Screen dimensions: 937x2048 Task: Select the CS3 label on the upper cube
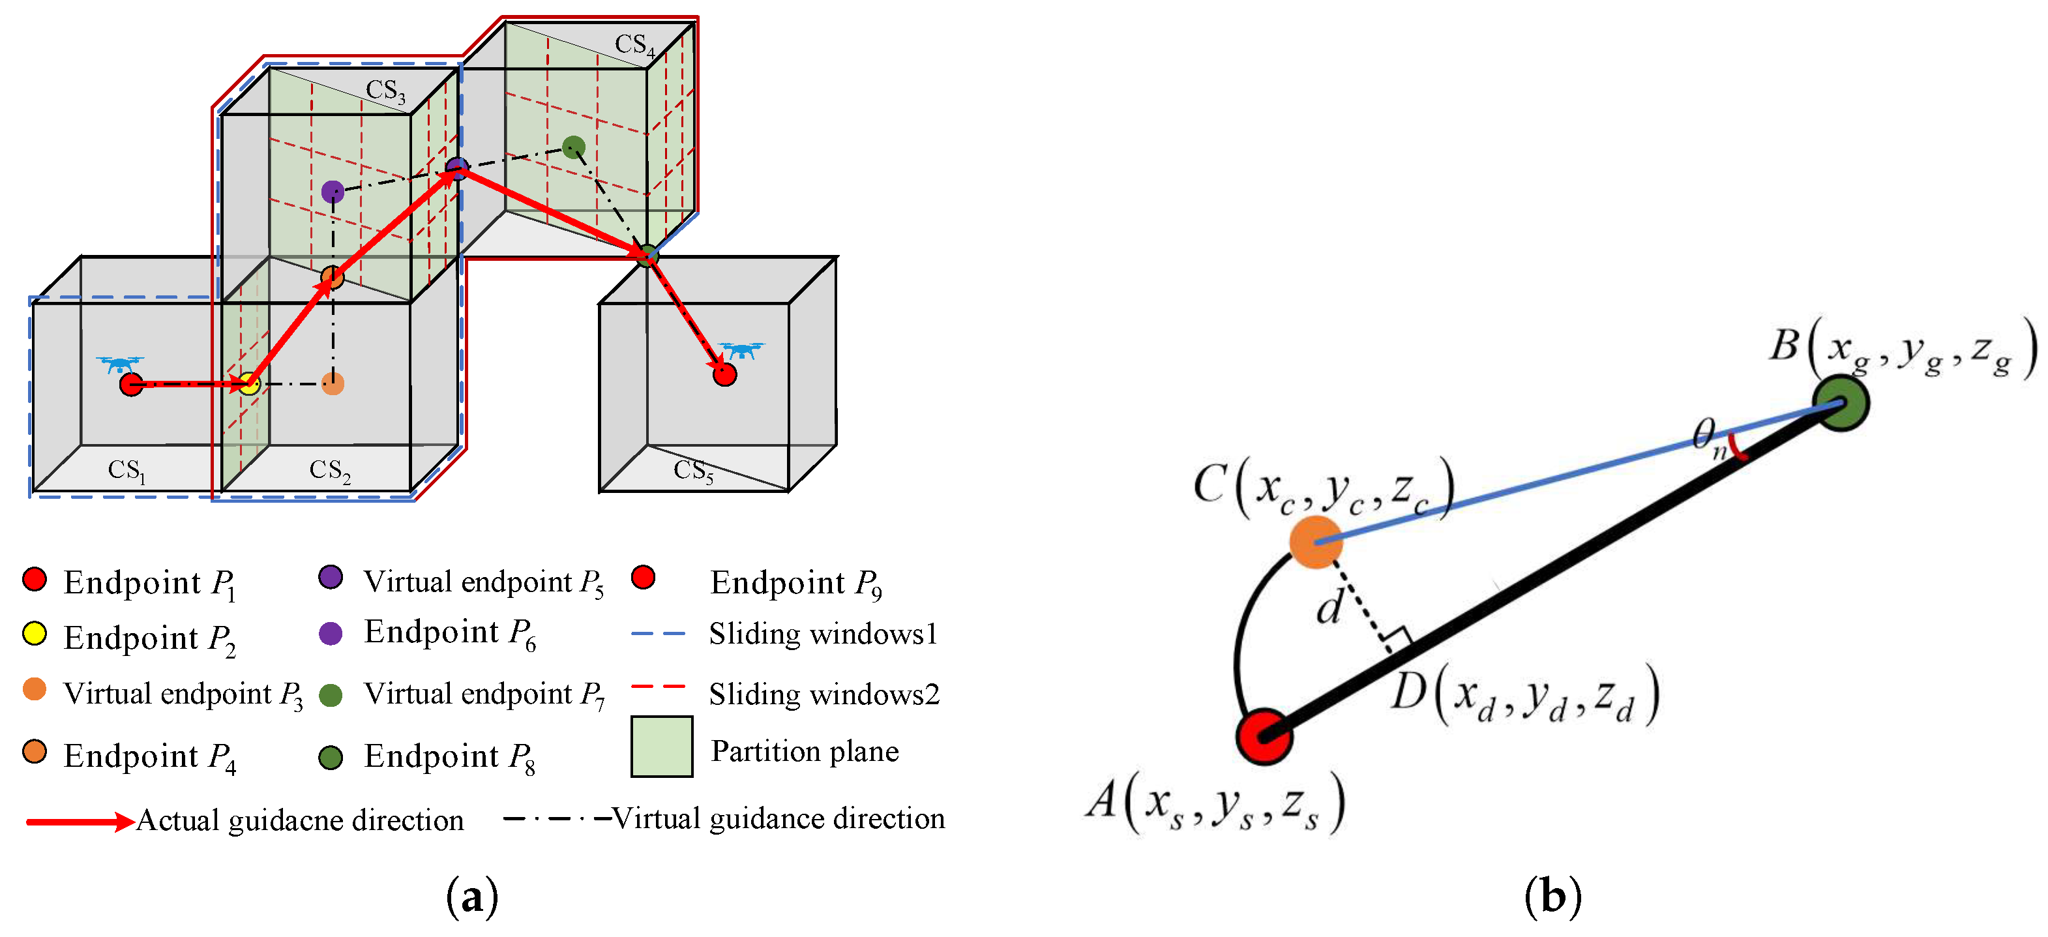pos(385,90)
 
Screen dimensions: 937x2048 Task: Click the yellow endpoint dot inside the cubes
pos(250,384)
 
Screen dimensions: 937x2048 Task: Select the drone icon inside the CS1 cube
pos(120,364)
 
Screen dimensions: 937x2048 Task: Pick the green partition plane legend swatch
pos(661,746)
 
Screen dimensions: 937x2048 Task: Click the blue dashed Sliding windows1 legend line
pos(659,634)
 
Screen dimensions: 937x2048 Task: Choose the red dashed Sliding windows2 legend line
pos(659,686)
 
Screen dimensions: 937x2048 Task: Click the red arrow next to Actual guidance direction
pos(80,821)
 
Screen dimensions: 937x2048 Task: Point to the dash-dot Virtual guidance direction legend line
pos(557,818)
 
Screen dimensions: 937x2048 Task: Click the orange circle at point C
pos(1316,541)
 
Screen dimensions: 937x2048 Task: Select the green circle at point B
pos(1841,404)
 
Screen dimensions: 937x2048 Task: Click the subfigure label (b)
pos(1552,897)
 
